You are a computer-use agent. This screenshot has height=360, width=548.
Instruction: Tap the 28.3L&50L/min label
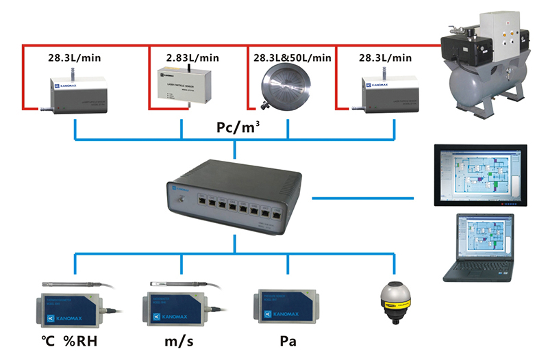tap(292, 57)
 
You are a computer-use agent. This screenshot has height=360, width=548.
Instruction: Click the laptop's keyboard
tap(480, 268)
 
